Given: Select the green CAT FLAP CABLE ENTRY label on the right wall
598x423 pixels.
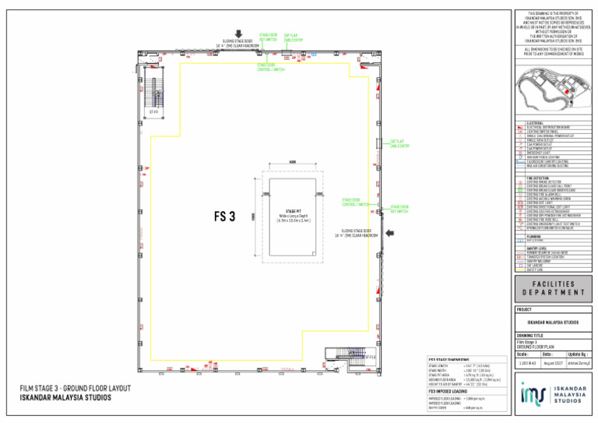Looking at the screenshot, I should pyautogui.click(x=399, y=143).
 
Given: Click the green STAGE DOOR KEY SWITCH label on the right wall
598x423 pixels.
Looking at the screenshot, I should pyautogui.click(x=400, y=209).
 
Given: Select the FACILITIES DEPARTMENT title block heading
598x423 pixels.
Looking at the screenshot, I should pyautogui.click(x=554, y=289).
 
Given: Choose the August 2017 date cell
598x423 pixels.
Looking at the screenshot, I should pyautogui.click(x=554, y=363).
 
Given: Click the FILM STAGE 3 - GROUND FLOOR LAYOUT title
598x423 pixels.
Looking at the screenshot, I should pyautogui.click(x=75, y=388).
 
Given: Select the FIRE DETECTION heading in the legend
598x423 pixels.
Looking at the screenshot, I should pyautogui.click(x=538, y=178).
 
